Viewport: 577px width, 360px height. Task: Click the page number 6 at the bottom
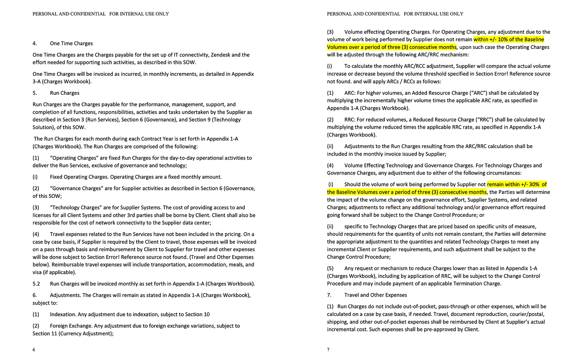(x=34, y=349)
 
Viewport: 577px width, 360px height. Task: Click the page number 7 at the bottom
(x=328, y=349)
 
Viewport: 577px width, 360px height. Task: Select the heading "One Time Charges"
(x=71, y=44)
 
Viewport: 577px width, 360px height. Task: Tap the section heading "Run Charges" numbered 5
(x=65, y=93)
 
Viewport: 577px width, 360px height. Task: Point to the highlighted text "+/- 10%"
(x=492, y=40)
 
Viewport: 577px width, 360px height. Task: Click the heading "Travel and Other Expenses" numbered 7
(x=376, y=295)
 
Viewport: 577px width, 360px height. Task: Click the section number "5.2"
(x=36, y=284)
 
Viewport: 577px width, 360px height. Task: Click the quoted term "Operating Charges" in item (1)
(x=72, y=158)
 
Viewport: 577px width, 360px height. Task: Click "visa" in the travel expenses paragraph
(x=38, y=272)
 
